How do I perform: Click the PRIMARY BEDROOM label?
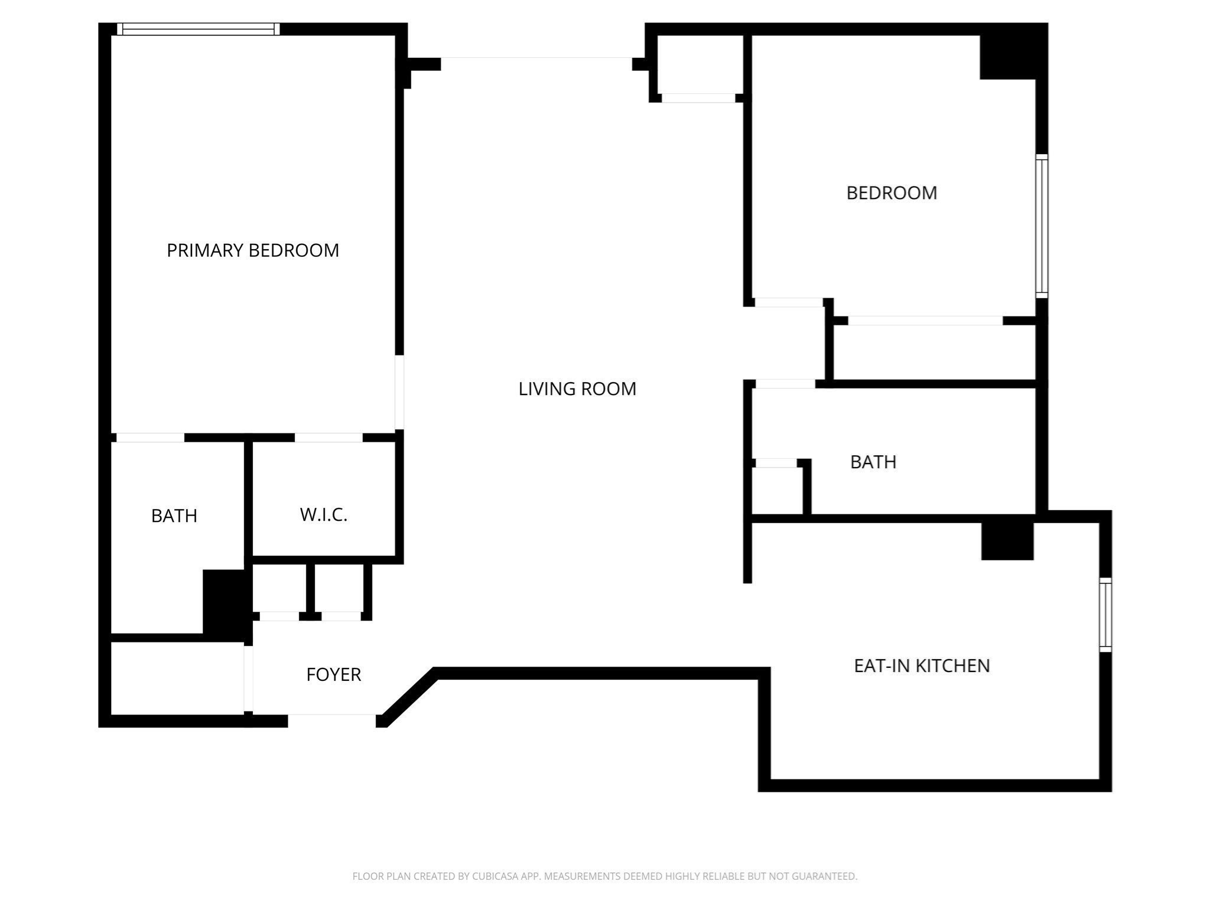click(253, 250)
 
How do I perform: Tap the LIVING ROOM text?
click(577, 389)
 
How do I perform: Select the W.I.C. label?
click(323, 515)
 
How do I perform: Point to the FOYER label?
click(333, 674)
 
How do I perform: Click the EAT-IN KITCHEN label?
click(922, 665)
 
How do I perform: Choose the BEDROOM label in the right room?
click(892, 193)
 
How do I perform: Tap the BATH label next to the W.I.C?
click(174, 516)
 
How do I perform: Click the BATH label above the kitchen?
click(873, 462)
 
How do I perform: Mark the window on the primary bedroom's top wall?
click(198, 29)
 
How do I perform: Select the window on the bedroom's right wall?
click(1042, 226)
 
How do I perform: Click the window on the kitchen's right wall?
click(1105, 615)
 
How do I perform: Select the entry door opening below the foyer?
click(332, 720)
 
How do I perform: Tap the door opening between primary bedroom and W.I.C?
click(328, 438)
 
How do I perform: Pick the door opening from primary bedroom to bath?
click(150, 438)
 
